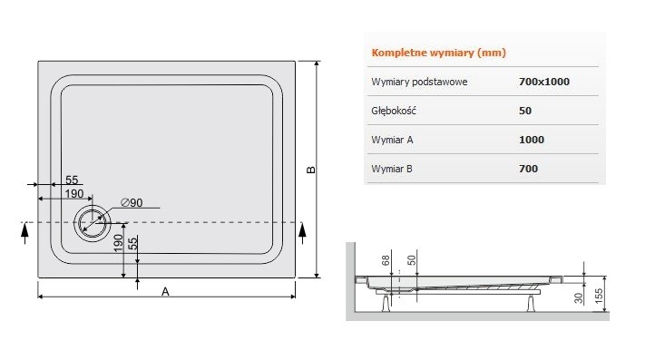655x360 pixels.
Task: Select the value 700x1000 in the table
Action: click(x=544, y=82)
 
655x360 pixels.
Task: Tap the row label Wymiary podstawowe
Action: click(x=419, y=82)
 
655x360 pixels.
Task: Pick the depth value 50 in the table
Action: click(x=525, y=111)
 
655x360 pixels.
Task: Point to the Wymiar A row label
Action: click(x=393, y=140)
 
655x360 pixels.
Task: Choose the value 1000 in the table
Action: click(x=532, y=140)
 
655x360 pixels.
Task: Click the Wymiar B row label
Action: click(x=393, y=169)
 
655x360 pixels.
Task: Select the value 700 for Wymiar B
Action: click(x=529, y=169)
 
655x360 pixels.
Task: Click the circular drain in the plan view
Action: click(x=91, y=223)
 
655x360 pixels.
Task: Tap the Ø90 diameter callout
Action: click(x=132, y=202)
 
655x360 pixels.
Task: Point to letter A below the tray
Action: click(x=164, y=291)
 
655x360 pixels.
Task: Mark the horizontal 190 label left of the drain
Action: click(x=73, y=194)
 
